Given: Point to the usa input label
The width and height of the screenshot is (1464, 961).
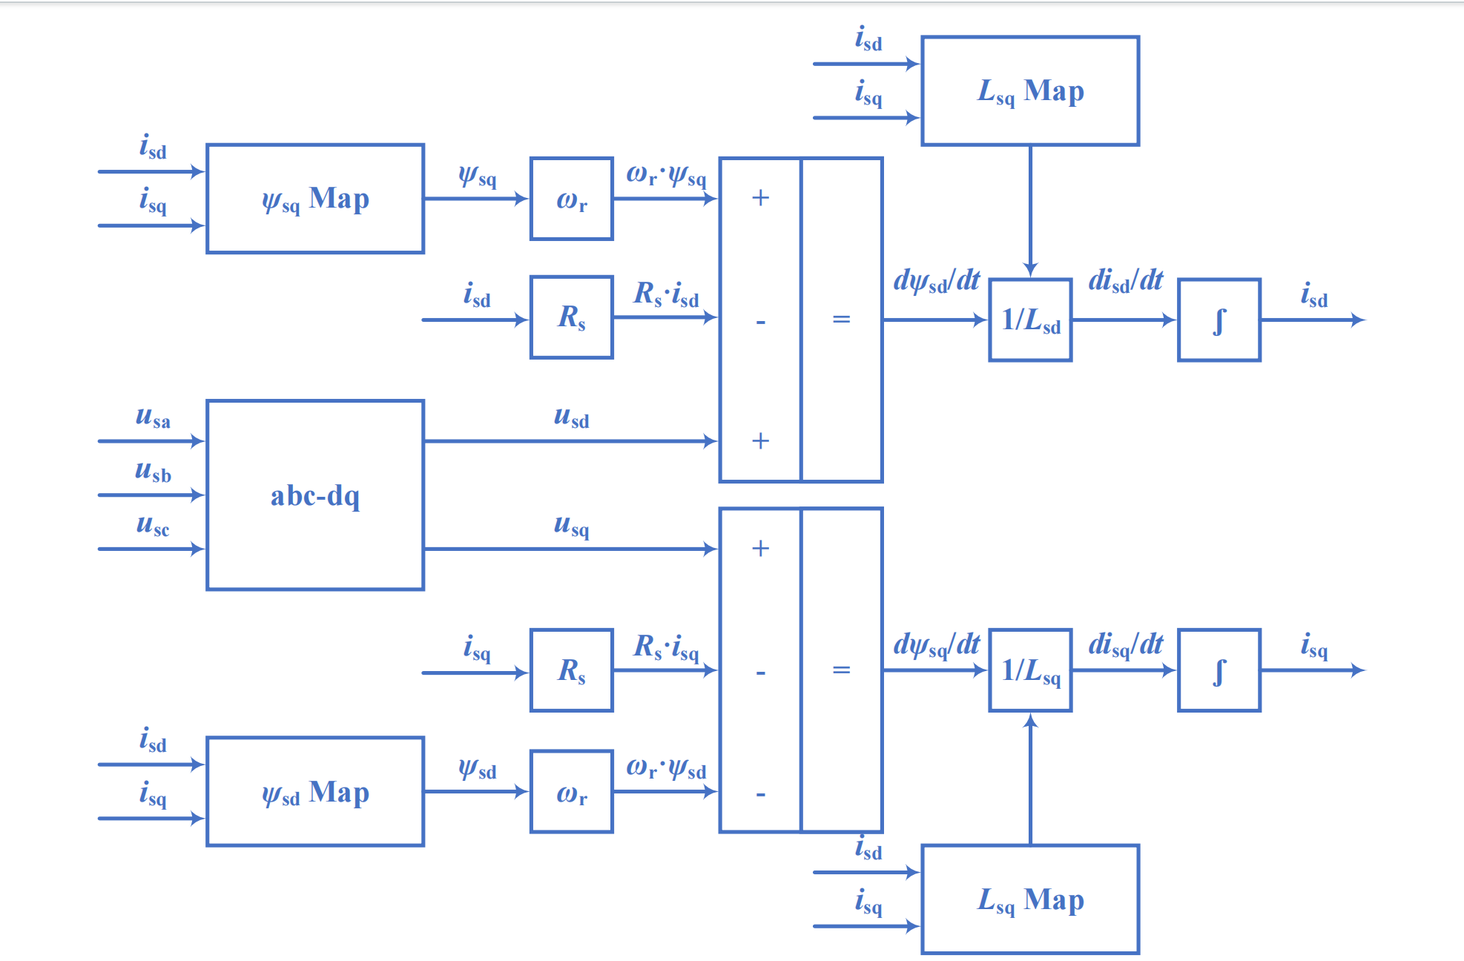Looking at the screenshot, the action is (153, 417).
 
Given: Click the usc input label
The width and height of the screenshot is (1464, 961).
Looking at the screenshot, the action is (153, 525).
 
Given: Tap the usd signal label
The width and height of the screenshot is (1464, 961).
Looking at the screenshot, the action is (571, 417).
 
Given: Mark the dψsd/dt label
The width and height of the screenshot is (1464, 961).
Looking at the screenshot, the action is (937, 281).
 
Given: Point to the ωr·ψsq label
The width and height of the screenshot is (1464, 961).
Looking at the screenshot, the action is (666, 175).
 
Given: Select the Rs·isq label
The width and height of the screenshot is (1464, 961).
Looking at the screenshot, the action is (666, 647).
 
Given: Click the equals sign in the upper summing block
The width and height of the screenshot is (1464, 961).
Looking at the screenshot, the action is (841, 320).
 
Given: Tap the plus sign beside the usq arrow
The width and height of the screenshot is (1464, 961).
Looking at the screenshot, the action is (760, 549).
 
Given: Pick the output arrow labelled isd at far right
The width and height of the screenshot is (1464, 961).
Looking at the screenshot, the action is (1313, 320).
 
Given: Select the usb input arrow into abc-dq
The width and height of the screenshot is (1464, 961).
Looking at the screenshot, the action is (151, 495).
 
